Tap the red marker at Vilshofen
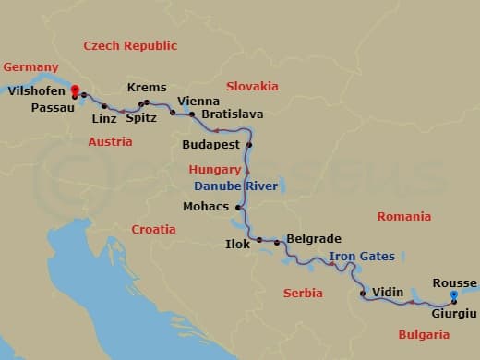(x=74, y=91)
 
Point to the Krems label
(x=147, y=88)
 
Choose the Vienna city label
(x=198, y=101)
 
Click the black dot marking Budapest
(x=249, y=145)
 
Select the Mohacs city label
(x=206, y=206)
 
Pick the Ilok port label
(x=238, y=244)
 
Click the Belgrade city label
(x=314, y=238)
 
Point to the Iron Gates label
(x=362, y=256)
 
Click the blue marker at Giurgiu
(x=454, y=295)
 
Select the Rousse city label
(x=454, y=282)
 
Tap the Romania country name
(x=403, y=217)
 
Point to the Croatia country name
(x=153, y=229)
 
